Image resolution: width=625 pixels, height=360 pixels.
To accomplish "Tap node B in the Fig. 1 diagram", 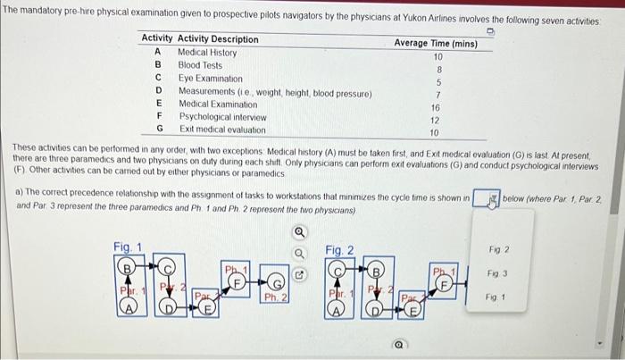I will pos(130,264).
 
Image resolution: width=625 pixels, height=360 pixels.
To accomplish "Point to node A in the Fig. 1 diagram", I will pos(130,309).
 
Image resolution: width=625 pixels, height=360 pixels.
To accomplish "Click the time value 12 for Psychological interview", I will pos(436,120).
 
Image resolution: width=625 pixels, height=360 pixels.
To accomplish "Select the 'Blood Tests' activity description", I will pos(201,65).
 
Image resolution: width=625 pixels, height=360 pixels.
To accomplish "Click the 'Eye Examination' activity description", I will pos(211,79).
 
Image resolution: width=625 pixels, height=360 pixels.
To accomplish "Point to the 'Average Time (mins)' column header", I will pos(436,43).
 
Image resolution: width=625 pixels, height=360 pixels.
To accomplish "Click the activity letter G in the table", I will pos(158,130).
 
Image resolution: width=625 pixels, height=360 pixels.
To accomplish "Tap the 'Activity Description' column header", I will pos(218,39).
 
